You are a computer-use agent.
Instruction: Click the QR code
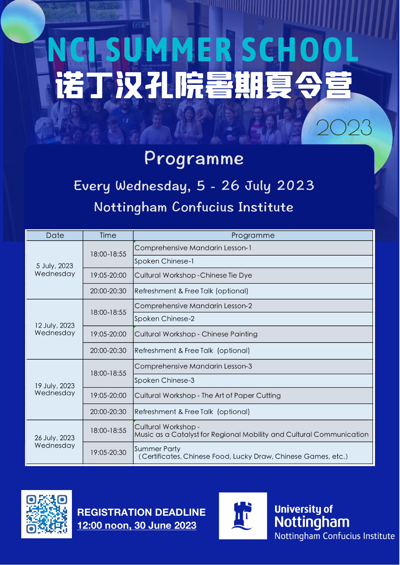click(x=47, y=514)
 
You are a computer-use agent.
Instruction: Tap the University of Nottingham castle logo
click(x=243, y=516)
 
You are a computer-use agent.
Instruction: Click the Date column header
click(x=55, y=235)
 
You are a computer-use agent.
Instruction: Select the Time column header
click(x=108, y=235)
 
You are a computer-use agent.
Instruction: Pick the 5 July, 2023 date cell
click(x=55, y=270)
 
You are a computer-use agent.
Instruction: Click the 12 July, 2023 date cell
click(x=55, y=329)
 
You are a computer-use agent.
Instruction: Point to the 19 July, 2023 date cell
click(x=55, y=389)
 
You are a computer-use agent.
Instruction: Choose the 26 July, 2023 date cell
click(x=55, y=442)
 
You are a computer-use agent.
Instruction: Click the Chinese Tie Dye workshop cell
click(x=253, y=275)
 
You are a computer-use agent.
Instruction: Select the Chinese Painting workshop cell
click(x=253, y=334)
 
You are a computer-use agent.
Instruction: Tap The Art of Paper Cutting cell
click(x=253, y=396)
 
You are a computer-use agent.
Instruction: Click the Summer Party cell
click(x=253, y=453)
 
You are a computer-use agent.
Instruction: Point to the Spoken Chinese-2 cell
click(x=253, y=319)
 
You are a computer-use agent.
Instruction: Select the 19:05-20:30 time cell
click(x=108, y=453)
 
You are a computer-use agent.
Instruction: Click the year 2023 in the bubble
click(x=344, y=128)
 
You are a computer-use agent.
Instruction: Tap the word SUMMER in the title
click(x=168, y=49)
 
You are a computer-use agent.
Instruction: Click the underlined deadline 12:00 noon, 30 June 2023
click(x=137, y=525)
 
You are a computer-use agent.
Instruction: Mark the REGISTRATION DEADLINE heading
click(x=141, y=512)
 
